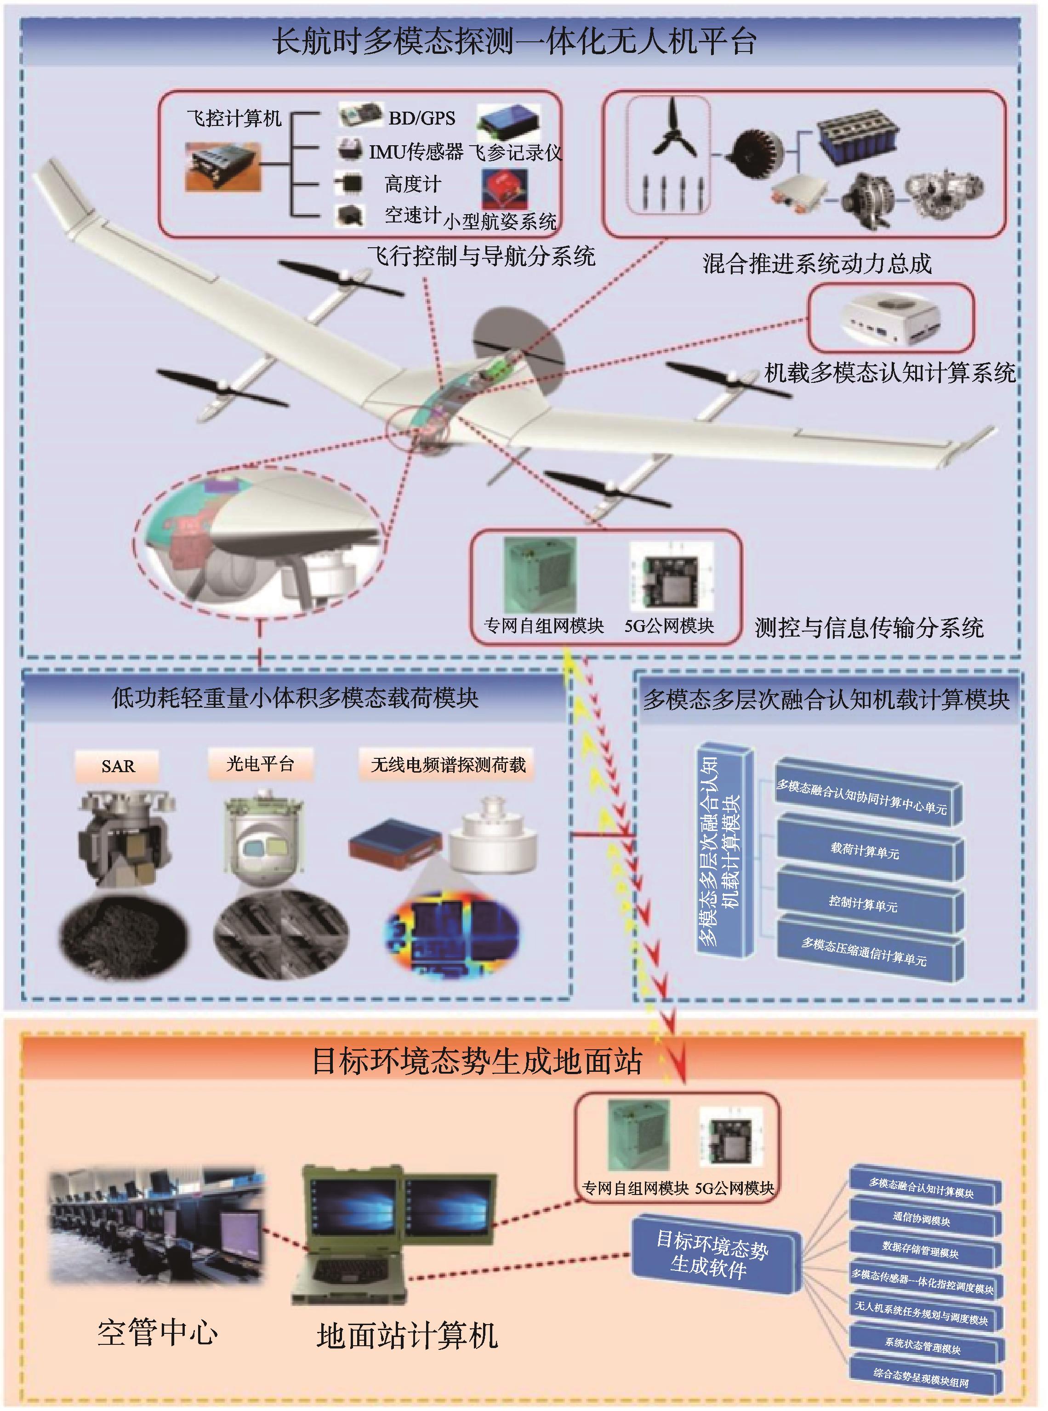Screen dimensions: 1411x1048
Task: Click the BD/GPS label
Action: [x=422, y=118]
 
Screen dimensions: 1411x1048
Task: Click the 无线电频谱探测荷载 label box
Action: [x=448, y=765]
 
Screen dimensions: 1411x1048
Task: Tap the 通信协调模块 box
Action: [x=923, y=1219]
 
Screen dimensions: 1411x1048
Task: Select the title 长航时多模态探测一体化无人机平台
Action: [x=514, y=42]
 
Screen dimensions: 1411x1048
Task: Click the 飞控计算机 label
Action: [x=234, y=118]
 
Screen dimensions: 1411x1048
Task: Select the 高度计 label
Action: [x=412, y=184]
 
